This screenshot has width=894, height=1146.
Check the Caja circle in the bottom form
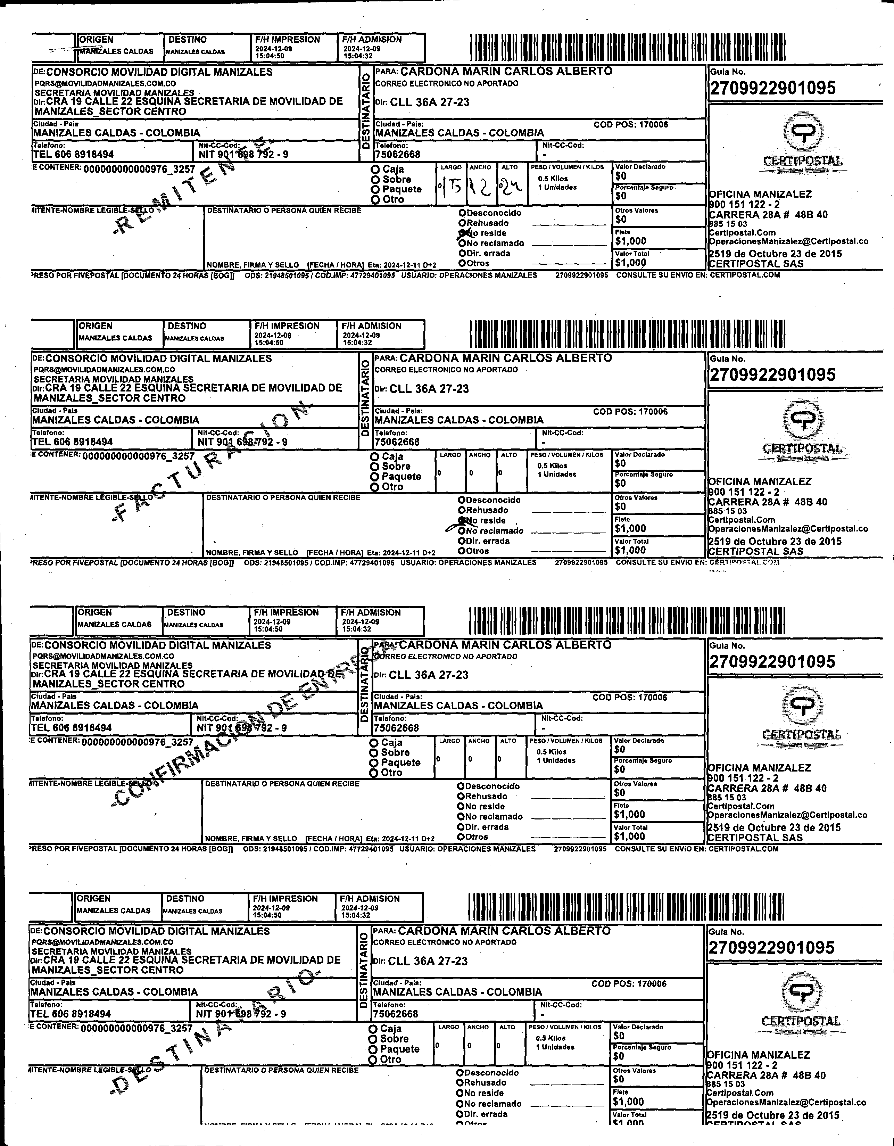pos(373,1029)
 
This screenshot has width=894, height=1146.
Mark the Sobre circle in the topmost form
pos(375,180)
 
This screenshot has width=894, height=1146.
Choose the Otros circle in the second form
pos(461,551)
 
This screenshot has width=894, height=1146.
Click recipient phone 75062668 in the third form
pos(396,728)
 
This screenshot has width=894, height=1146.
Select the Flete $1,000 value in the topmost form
pos(631,241)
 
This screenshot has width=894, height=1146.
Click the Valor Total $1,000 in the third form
pos(630,836)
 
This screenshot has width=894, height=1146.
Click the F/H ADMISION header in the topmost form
pos(372,39)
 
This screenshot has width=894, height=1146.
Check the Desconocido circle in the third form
pos(461,786)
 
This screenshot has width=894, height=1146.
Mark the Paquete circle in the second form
pos(375,477)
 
